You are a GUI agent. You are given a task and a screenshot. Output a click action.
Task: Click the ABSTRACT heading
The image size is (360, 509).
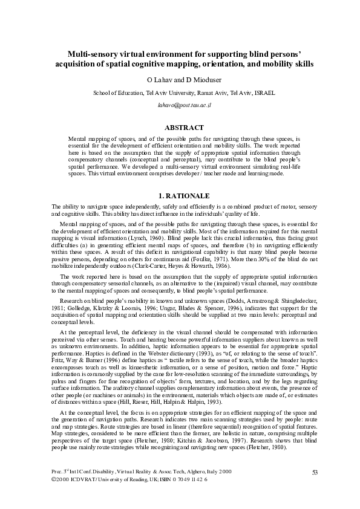[x=184, y=128]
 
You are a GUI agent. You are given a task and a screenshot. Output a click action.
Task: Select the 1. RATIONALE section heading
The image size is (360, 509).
[x=184, y=196]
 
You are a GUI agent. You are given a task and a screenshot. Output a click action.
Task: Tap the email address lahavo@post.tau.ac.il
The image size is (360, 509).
[x=184, y=105]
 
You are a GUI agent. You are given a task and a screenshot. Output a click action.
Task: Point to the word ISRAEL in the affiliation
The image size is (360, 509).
[x=264, y=93]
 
